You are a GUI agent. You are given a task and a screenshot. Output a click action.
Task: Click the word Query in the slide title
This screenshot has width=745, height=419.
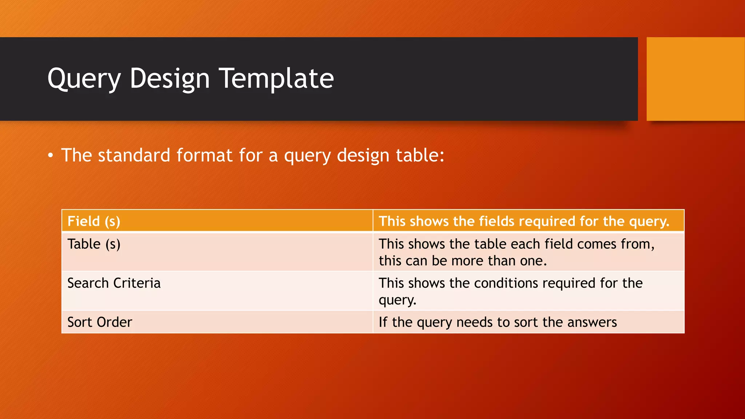point(84,79)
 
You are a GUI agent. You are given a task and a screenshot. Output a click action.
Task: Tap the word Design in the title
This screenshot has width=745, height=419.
point(170,79)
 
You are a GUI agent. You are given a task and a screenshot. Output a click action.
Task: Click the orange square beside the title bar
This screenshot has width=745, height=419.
point(695,79)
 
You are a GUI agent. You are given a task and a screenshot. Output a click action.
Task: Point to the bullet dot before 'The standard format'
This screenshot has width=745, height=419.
point(51,156)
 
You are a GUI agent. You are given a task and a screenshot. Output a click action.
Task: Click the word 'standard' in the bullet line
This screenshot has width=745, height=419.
point(134,155)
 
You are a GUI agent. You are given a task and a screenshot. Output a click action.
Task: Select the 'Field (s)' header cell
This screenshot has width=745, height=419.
point(94,221)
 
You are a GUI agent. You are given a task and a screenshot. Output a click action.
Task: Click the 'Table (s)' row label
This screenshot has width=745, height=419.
point(94,244)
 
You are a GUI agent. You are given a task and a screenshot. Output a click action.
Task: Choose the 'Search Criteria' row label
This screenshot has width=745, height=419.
point(114,283)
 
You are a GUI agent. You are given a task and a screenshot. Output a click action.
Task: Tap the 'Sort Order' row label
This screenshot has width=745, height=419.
point(100,322)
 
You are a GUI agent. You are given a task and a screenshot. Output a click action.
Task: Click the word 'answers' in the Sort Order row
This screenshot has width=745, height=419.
point(592,322)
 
